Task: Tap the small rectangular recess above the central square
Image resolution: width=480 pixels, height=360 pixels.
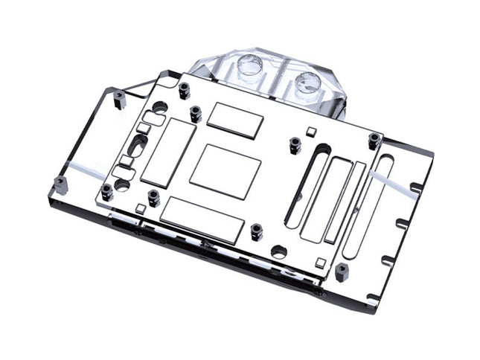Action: (x=235, y=119)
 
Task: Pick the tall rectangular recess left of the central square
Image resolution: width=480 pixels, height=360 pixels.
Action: (x=159, y=151)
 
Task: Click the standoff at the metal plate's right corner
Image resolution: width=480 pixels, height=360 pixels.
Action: (x=374, y=140)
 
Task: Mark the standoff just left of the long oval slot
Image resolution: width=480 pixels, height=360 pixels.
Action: (x=295, y=144)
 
